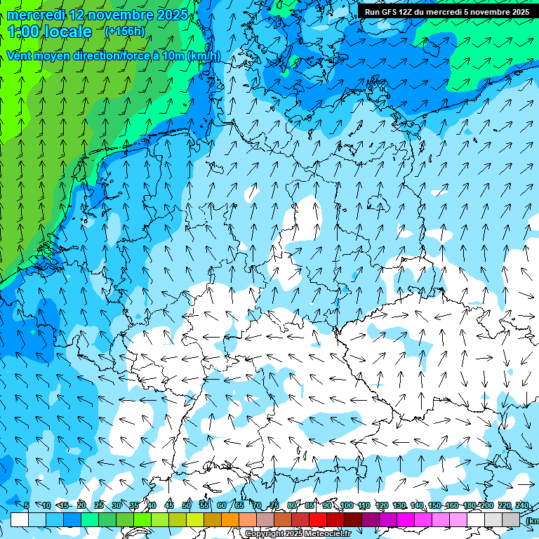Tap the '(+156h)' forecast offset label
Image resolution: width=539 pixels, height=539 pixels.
[x=124, y=32]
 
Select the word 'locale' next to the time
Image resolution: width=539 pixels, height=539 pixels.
[x=67, y=32]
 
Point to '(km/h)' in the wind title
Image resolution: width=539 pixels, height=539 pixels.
[x=204, y=55]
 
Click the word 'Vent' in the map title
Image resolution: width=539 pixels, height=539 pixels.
[x=22, y=55]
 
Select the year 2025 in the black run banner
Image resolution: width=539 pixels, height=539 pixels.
[x=519, y=12]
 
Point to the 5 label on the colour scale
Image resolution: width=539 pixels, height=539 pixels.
[x=27, y=505]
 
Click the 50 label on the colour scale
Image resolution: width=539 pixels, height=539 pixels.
[x=187, y=505]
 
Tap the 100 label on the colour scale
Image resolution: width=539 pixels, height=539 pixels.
[x=346, y=505]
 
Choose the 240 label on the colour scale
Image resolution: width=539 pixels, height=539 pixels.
[x=522, y=505]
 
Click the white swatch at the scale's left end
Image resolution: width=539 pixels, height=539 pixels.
[x=19, y=519]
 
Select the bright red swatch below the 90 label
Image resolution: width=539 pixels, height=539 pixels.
[x=318, y=519]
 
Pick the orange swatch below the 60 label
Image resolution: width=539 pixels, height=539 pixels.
[x=230, y=519]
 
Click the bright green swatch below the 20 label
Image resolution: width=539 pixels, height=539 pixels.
[x=90, y=519]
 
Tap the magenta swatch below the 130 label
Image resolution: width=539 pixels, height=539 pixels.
[x=406, y=519]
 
